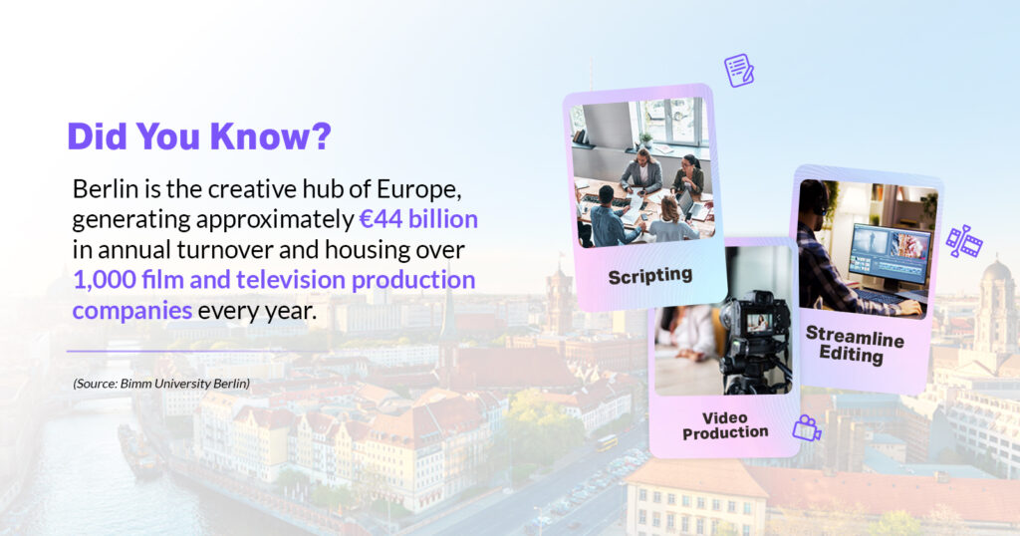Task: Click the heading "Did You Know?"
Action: click(199, 135)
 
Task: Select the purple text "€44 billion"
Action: click(418, 219)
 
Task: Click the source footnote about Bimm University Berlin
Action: click(161, 384)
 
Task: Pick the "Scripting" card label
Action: click(649, 276)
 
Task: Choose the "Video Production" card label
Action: click(725, 425)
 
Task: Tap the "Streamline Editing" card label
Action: click(854, 345)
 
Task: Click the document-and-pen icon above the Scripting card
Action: click(739, 71)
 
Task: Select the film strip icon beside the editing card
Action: click(964, 241)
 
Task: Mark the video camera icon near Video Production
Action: click(807, 428)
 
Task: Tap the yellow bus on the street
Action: click(607, 443)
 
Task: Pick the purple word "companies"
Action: click(132, 311)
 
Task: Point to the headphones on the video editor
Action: click(817, 197)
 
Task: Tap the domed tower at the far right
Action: click(995, 306)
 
